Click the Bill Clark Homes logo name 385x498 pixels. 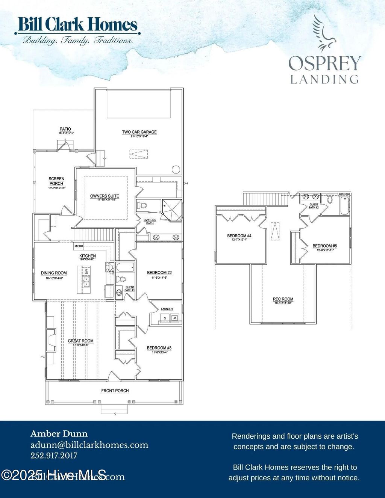(x=77, y=25)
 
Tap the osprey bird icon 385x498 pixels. (x=324, y=33)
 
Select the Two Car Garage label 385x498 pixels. (x=139, y=132)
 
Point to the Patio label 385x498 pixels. (x=65, y=129)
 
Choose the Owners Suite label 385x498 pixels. (x=105, y=196)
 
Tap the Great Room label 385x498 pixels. (x=81, y=341)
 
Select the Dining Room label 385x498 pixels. (x=54, y=273)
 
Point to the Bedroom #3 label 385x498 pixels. (x=159, y=348)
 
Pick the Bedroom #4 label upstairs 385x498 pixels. (x=239, y=236)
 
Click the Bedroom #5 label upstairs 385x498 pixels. (x=325, y=246)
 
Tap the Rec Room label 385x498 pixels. (x=283, y=299)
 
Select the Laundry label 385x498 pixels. (x=167, y=309)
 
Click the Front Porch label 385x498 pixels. (x=115, y=391)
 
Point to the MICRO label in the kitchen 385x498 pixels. (x=79, y=246)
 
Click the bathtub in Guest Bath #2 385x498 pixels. (x=344, y=205)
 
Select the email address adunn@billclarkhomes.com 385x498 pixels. (x=89, y=445)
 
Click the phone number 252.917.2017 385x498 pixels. (x=54, y=456)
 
